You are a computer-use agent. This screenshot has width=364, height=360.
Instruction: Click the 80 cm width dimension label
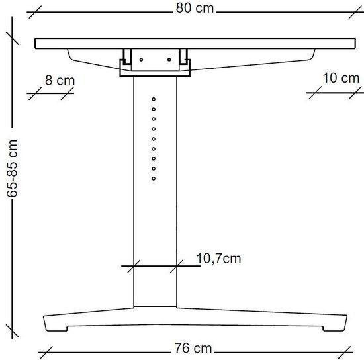pos(195,8)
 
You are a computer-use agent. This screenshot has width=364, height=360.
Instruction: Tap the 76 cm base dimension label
pos(193,348)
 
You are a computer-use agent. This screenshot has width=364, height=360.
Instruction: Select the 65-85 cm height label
pos(12,168)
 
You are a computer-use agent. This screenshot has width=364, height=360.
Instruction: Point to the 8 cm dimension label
pos(60,80)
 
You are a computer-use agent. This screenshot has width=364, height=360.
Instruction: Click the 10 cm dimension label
pos(341,78)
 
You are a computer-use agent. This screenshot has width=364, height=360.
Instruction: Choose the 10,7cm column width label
pos(218,259)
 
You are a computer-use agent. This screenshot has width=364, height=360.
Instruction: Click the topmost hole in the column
pos(154,99)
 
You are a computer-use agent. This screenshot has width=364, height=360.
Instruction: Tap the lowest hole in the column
pos(154,179)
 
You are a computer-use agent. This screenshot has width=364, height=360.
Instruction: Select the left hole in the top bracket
pos(141,60)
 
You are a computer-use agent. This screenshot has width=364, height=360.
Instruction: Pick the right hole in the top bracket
pos(169,60)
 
